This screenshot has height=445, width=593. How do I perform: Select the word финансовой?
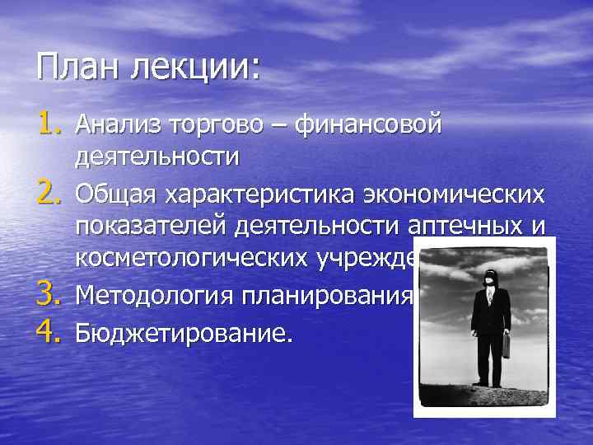(368, 125)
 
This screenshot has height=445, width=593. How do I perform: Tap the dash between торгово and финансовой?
(282, 126)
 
